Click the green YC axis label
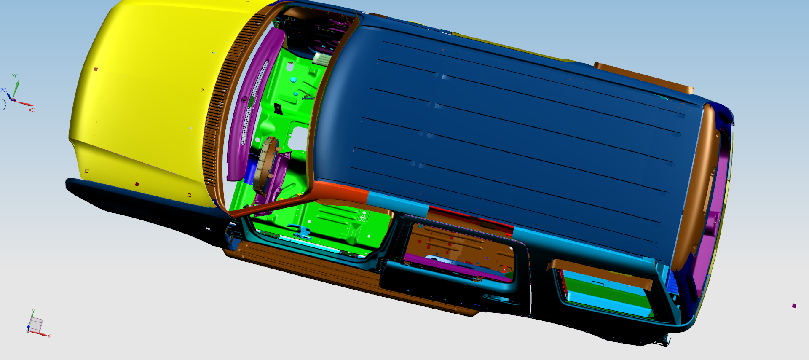coord(15,76)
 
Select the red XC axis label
coord(32,110)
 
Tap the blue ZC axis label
coord(4,91)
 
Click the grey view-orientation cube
coord(35,325)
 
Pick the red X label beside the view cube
coord(49,336)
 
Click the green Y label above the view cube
coord(33,312)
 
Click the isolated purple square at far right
coord(794,306)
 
